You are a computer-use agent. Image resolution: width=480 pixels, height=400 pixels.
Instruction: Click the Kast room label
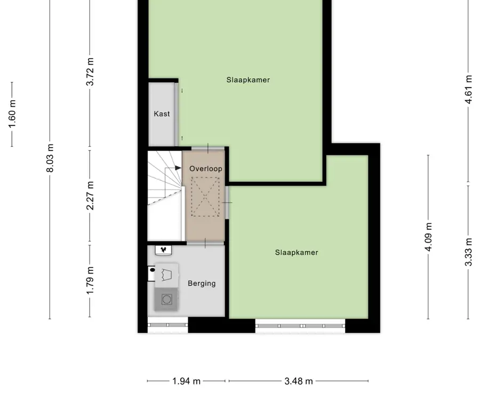(x=162, y=114)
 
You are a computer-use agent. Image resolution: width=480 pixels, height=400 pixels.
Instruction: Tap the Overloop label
(x=206, y=169)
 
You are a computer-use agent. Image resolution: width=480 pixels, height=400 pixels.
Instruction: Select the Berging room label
(x=202, y=283)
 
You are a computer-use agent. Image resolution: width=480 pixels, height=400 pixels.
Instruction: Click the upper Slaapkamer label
(x=248, y=80)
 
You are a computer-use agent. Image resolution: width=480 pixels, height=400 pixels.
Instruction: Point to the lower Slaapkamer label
(x=297, y=252)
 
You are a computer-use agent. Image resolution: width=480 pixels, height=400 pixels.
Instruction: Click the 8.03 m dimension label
(x=50, y=158)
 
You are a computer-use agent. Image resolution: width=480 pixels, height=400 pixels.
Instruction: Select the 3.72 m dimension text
(x=90, y=71)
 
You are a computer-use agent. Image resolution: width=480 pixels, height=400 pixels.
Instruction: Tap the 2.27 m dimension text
(x=90, y=196)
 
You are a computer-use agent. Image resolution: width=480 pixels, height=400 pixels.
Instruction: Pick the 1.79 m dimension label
(x=90, y=280)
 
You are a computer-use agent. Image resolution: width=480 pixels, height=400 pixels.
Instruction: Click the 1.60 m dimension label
(x=12, y=114)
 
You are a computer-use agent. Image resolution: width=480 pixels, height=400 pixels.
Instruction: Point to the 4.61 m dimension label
(x=468, y=90)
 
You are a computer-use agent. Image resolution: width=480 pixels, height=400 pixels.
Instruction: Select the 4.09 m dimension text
(x=429, y=237)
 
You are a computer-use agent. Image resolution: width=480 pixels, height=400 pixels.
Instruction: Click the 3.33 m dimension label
(x=468, y=252)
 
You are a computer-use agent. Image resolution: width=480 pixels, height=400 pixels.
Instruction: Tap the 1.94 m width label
(x=186, y=381)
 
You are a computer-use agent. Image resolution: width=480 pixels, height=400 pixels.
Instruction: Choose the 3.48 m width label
(x=299, y=381)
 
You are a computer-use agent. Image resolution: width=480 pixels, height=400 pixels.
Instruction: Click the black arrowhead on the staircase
(x=178, y=167)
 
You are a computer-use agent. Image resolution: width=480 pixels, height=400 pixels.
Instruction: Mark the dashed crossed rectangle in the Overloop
(x=205, y=197)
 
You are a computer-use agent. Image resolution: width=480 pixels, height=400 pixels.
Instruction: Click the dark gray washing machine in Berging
(x=166, y=299)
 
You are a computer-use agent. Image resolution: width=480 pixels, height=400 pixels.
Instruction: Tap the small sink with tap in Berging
(x=163, y=250)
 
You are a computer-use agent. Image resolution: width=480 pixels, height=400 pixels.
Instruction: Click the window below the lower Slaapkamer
(x=300, y=326)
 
